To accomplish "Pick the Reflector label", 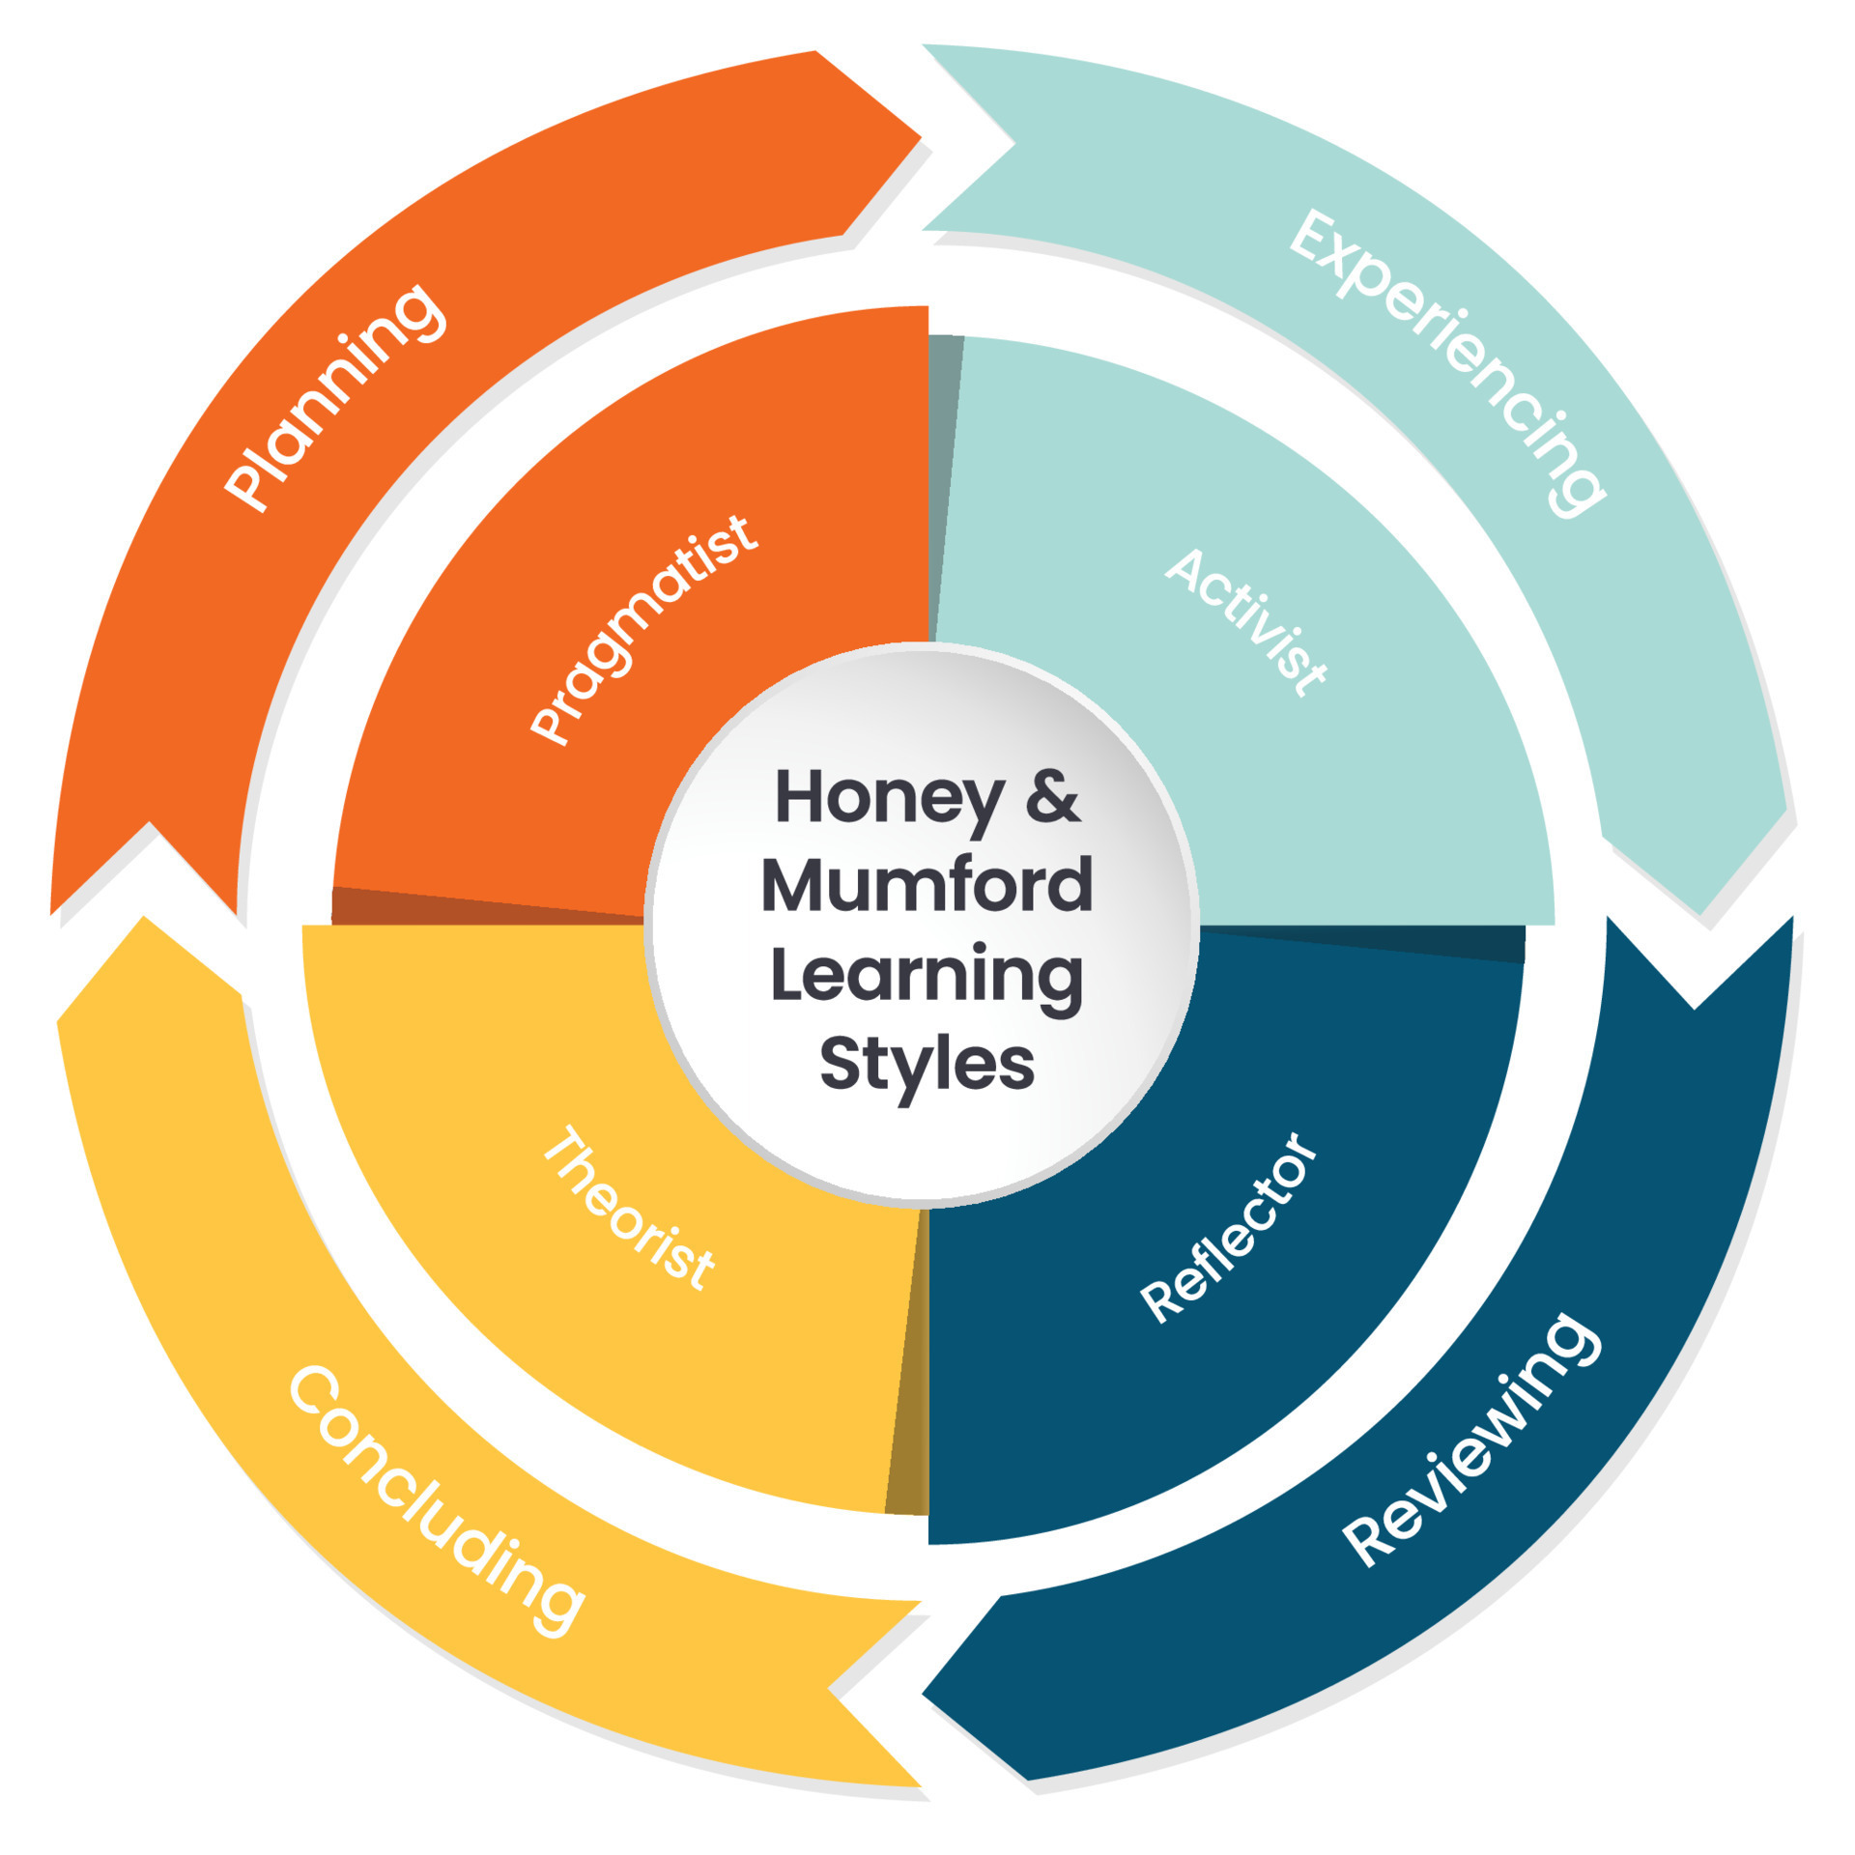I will point(1228,1227).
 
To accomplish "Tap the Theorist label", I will point(629,1207).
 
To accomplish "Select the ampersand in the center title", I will point(1052,798).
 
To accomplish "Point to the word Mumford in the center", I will point(927,885).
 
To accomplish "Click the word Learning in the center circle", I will point(927,976).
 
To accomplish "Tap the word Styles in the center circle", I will point(927,1064).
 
